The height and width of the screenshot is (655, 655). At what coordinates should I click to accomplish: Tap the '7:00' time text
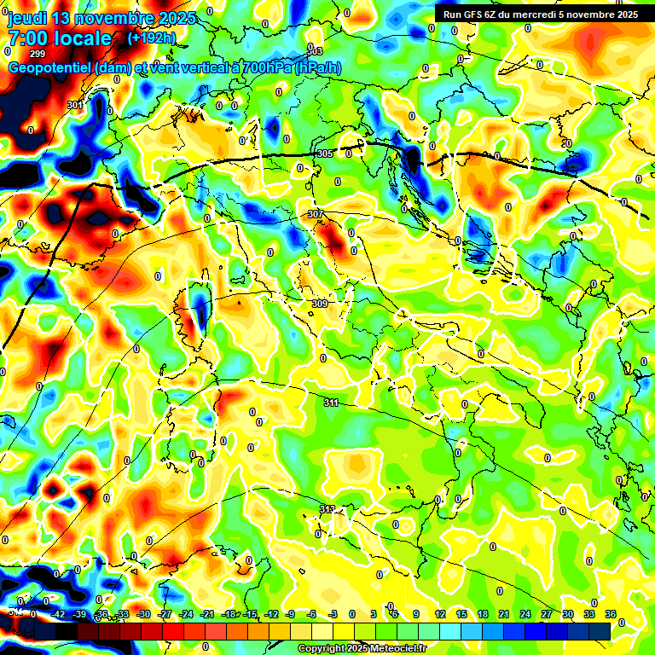click(x=31, y=38)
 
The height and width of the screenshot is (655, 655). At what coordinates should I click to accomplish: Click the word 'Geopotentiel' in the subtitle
click(x=50, y=68)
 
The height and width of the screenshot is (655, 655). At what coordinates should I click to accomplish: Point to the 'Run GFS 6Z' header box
click(x=541, y=14)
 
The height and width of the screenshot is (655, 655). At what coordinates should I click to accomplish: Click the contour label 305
click(x=324, y=154)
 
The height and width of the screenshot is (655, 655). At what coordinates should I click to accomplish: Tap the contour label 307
click(x=316, y=214)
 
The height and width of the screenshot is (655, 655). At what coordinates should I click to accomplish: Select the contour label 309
click(x=320, y=304)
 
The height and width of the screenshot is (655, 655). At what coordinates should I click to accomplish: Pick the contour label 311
click(x=332, y=402)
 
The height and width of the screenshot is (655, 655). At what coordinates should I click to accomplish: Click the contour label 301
click(x=75, y=105)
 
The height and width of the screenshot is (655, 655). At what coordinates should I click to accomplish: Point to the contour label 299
click(x=38, y=54)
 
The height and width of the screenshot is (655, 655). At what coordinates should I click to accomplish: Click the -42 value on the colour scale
click(x=59, y=614)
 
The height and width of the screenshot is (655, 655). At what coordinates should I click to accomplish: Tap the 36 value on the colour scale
click(x=611, y=614)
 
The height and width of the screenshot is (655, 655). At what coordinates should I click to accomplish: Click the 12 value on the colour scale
click(x=440, y=614)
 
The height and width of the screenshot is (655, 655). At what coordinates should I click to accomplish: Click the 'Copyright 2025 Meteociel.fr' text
click(x=362, y=648)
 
